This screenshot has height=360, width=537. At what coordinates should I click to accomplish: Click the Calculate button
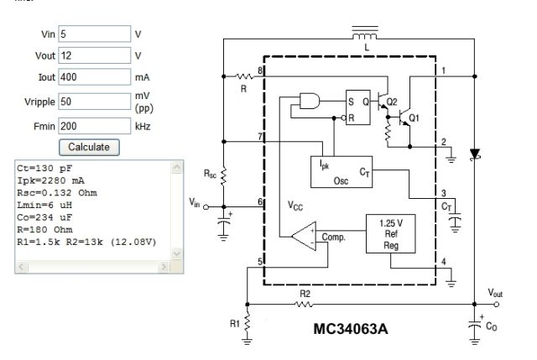click(x=89, y=148)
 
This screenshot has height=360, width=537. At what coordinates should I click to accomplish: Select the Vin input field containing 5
click(x=95, y=34)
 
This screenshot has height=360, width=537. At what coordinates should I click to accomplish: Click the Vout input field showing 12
click(x=95, y=55)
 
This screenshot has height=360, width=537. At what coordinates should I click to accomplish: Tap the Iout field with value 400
click(x=95, y=77)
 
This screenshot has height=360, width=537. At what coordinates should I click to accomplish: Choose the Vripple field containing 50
click(x=95, y=102)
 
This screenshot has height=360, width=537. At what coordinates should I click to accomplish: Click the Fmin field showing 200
click(x=95, y=126)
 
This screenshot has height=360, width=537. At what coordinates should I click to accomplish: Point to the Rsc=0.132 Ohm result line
click(x=57, y=193)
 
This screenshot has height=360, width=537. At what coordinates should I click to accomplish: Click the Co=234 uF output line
click(x=44, y=217)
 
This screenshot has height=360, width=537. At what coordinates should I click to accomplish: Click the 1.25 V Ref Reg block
click(x=391, y=234)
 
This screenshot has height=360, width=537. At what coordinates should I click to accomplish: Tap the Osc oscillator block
click(x=341, y=172)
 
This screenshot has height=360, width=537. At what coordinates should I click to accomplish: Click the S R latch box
click(x=358, y=107)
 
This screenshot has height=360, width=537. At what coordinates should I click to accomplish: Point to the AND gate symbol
click(x=310, y=101)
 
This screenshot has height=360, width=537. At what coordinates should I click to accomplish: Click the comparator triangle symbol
click(x=304, y=236)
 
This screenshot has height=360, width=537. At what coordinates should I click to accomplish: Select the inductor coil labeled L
click(x=365, y=35)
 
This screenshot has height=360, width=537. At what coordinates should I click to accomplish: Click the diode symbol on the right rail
click(x=475, y=154)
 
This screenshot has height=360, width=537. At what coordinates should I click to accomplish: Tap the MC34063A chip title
click(x=351, y=329)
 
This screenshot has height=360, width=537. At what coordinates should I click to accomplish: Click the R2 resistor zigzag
click(x=304, y=304)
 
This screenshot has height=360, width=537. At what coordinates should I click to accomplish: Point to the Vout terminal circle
click(x=497, y=304)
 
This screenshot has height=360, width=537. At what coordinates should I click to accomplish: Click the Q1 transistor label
click(x=414, y=118)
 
